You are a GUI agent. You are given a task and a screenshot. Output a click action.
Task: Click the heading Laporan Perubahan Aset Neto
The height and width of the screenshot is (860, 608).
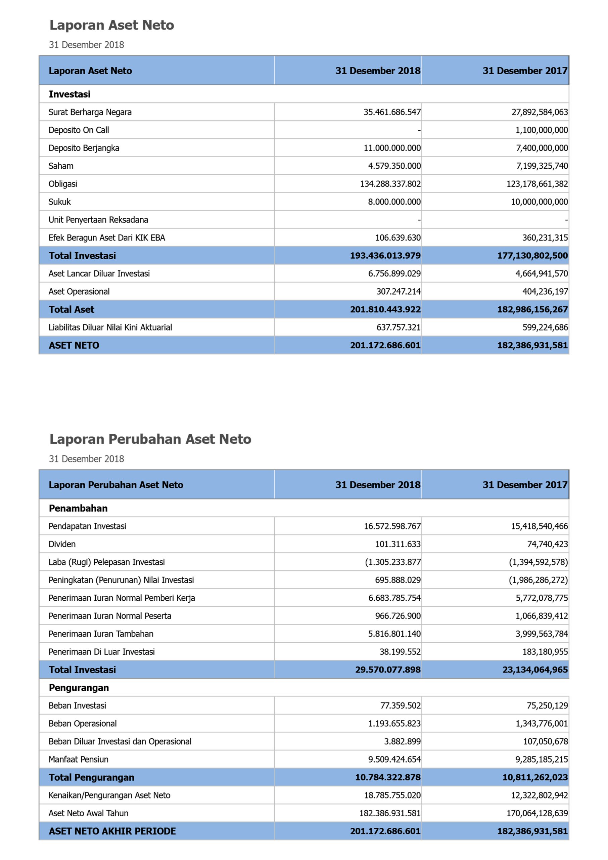point(150,439)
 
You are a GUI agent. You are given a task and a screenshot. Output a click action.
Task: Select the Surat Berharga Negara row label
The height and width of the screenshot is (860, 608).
point(90,112)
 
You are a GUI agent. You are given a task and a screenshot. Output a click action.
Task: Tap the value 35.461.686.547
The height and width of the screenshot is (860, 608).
point(392,112)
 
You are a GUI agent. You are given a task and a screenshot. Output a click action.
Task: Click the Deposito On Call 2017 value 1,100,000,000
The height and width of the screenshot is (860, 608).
point(542,130)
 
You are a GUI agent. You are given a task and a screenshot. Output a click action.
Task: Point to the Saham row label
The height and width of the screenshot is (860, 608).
point(61,166)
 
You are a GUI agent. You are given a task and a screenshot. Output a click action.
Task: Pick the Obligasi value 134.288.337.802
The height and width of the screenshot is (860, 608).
point(390,184)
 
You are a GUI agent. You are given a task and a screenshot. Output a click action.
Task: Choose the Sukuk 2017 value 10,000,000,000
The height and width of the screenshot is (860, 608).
point(539,202)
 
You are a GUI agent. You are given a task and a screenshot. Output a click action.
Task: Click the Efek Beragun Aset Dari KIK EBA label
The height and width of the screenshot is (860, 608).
point(107,238)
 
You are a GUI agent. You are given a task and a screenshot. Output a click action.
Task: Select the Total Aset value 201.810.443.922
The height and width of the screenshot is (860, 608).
point(385,309)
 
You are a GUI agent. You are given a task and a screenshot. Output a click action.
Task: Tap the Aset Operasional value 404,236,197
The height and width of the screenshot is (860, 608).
point(545,291)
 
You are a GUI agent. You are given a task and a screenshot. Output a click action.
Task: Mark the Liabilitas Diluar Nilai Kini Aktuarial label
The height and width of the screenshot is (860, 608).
point(110,327)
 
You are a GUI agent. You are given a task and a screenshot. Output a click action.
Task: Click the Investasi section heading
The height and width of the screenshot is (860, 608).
point(69,94)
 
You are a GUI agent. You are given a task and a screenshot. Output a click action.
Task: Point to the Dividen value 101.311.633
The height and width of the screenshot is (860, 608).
point(398,544)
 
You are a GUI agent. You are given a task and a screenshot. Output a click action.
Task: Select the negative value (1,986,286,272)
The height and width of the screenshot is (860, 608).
point(538,580)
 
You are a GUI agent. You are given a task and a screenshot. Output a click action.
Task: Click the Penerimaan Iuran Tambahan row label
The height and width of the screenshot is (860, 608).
point(101,634)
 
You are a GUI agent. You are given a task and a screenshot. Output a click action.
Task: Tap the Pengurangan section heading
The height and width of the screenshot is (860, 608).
point(79,688)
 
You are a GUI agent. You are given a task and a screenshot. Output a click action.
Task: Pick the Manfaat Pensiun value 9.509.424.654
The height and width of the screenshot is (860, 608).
point(394,759)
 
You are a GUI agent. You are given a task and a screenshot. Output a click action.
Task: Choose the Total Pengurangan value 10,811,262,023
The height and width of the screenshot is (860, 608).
point(535,777)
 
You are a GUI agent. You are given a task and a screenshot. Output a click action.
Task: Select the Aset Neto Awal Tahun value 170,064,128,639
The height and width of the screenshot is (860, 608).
point(539,813)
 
